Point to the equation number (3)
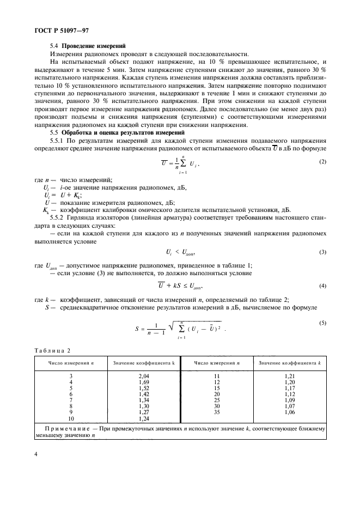(x=322, y=252)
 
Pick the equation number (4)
(x=322, y=285)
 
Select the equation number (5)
(x=322, y=324)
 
